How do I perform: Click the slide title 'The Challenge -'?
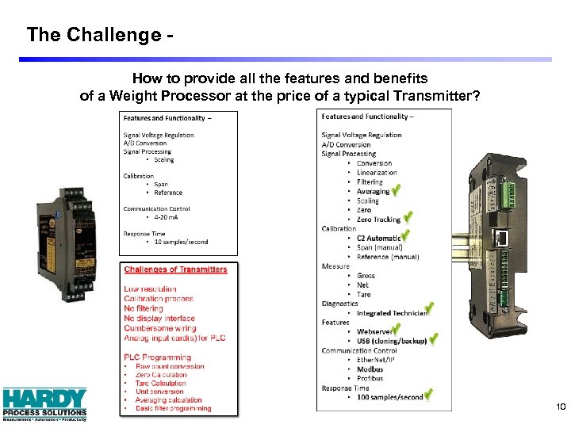pyautogui.click(x=100, y=35)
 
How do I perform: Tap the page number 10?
pyautogui.click(x=561, y=407)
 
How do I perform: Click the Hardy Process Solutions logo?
pyautogui.click(x=44, y=403)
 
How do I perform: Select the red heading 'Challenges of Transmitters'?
pyautogui.click(x=175, y=269)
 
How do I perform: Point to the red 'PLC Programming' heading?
pyautogui.click(x=157, y=357)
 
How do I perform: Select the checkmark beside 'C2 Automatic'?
pyautogui.click(x=406, y=236)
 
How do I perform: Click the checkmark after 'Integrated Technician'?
pyautogui.click(x=429, y=311)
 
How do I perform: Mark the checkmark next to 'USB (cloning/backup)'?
pyautogui.click(x=433, y=340)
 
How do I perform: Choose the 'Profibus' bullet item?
pyautogui.click(x=370, y=378)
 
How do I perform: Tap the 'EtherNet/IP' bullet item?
pyautogui.click(x=375, y=360)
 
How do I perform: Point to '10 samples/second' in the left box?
pyautogui.click(x=171, y=242)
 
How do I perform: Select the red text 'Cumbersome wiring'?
pyautogui.click(x=159, y=328)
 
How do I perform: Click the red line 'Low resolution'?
pyautogui.click(x=149, y=289)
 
